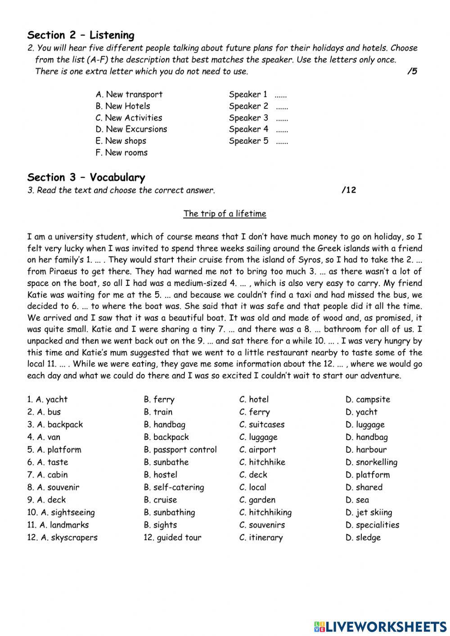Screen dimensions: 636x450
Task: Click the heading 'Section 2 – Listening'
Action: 81,35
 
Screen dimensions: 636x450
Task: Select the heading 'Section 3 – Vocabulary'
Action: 86,177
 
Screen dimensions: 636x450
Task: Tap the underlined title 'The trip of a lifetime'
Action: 225,214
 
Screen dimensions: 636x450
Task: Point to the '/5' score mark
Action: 412,71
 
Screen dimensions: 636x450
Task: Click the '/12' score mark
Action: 349,190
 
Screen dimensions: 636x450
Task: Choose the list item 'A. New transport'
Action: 129,95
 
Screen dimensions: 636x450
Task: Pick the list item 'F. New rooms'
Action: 121,153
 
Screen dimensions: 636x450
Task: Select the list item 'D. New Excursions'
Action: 131,129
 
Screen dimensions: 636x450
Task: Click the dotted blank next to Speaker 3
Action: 282,118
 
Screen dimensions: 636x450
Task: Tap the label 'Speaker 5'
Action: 248,141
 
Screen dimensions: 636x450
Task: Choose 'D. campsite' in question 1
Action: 368,399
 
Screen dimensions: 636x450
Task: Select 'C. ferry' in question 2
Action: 255,412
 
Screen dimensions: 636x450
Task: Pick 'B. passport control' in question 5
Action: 180,450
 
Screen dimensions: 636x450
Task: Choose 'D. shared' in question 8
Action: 364,487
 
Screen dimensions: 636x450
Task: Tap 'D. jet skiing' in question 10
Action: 369,513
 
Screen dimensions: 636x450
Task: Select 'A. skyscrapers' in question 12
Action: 62,537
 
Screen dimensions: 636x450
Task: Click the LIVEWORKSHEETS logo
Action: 380,626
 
